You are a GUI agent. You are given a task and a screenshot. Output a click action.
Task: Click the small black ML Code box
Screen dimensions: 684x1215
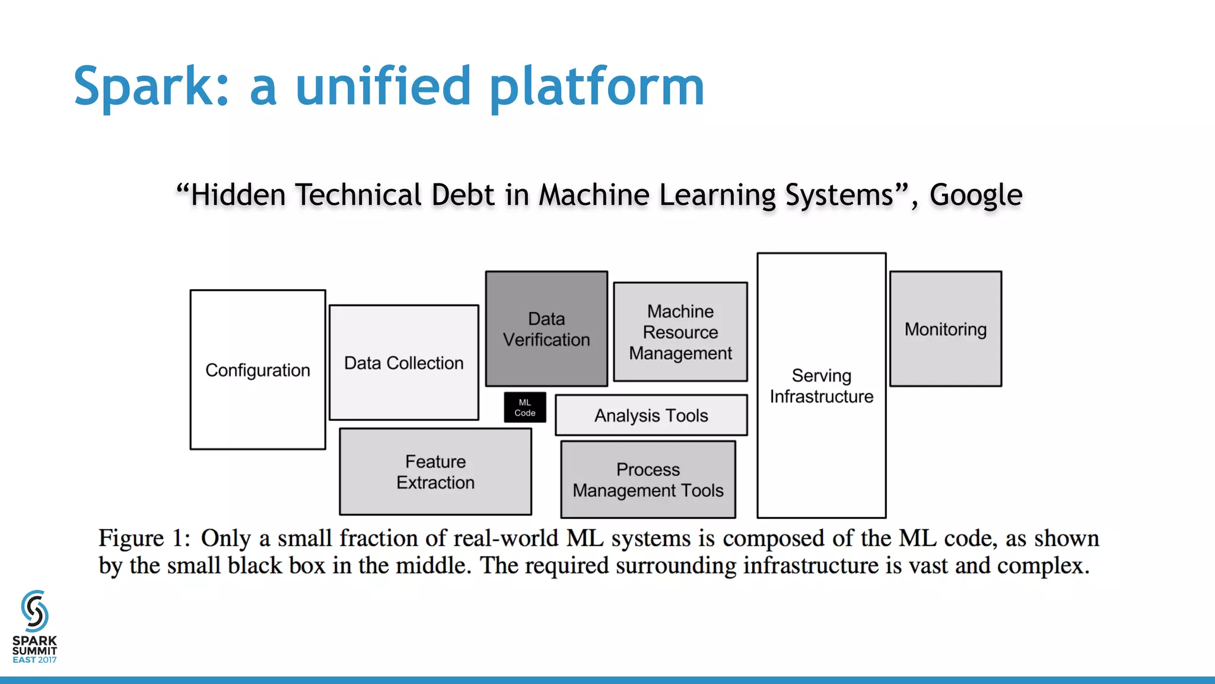tap(524, 407)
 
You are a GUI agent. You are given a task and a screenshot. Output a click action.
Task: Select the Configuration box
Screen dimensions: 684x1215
tap(257, 369)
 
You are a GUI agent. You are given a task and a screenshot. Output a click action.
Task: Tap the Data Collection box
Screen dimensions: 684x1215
tap(403, 362)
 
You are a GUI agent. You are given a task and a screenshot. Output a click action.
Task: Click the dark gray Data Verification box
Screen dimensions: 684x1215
tap(546, 328)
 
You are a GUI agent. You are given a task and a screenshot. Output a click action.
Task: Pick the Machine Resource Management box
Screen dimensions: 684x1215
tap(680, 331)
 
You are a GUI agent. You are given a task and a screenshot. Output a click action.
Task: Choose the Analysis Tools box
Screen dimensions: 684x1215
tap(651, 415)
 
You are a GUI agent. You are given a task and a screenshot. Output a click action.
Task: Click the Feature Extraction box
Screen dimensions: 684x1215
tap(435, 471)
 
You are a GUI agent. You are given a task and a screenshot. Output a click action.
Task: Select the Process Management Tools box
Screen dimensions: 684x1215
tap(648, 479)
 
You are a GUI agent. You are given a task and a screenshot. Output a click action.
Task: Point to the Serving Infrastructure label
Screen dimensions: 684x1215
tap(821, 386)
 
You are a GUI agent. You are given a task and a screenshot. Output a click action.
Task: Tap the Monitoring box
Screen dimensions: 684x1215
tap(945, 329)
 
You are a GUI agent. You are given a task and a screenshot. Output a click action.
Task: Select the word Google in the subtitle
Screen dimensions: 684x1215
tap(975, 195)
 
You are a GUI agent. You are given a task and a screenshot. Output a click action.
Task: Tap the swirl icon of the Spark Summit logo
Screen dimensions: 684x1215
tap(34, 610)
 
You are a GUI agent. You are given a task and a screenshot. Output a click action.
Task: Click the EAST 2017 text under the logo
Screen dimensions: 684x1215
tap(34, 660)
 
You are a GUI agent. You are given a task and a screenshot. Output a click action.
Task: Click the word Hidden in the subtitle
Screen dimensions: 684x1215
tap(238, 195)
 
